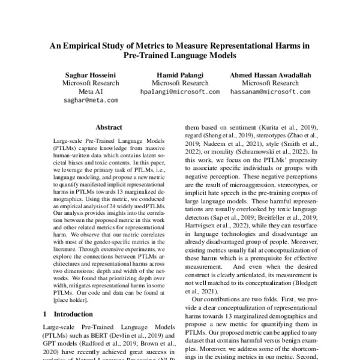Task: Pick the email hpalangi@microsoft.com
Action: (179, 92)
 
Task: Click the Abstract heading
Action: (109, 127)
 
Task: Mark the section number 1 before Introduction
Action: (46, 314)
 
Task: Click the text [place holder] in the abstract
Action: (66, 299)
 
